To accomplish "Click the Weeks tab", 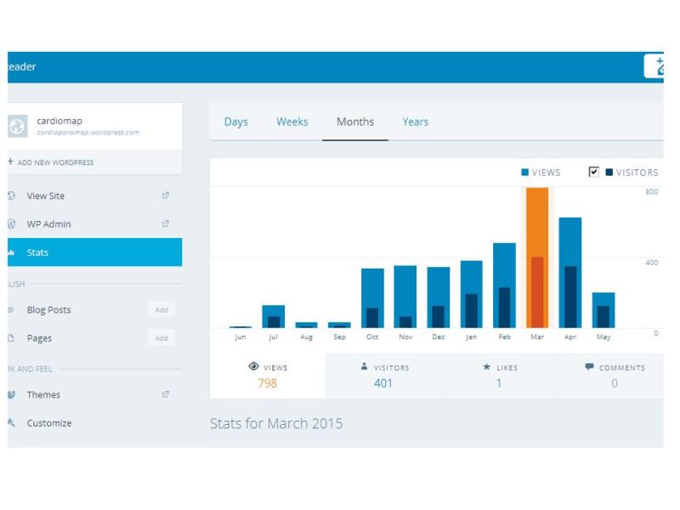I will [292, 122].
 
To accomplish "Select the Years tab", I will [415, 122].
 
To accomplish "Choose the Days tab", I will [235, 122].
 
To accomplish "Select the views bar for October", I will [372, 289].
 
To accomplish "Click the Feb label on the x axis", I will [504, 337].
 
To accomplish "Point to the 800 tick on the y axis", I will [651, 192].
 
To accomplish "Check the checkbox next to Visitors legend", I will [594, 172].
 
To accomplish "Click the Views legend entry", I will [541, 173].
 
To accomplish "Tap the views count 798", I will [267, 383].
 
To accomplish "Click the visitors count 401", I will [383, 383].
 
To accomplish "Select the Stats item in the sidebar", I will [37, 252].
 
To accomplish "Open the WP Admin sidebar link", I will [48, 224].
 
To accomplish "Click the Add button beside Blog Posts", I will [161, 310].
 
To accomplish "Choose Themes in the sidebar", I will [43, 394].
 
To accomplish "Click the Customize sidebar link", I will [48, 423].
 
